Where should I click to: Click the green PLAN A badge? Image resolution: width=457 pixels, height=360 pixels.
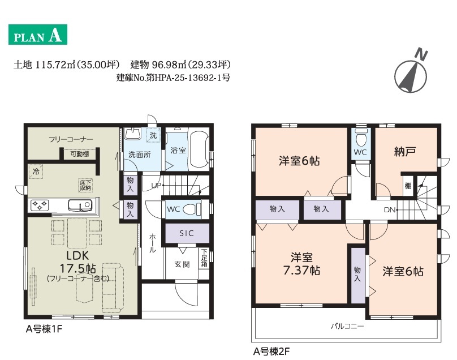tap(38, 35)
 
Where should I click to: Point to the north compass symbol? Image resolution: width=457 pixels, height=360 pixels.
tap(411, 74)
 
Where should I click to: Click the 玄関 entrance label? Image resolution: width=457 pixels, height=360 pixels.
tap(182, 264)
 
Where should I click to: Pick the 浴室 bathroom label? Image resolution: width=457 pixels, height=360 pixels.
tap(178, 150)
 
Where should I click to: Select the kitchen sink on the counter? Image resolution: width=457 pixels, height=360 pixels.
tap(80, 205)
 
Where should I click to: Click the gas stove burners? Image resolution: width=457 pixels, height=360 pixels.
tap(40, 205)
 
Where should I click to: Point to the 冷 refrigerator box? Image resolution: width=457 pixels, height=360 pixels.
tap(36, 172)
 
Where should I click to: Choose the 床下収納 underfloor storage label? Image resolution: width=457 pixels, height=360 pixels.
tap(85, 185)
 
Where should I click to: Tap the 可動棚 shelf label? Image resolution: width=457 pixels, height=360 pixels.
tap(80, 154)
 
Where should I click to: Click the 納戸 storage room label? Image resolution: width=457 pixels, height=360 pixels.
tap(405, 151)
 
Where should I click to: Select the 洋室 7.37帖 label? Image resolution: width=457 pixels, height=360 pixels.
tap(301, 264)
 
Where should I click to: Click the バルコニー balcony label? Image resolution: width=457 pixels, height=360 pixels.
tap(347, 326)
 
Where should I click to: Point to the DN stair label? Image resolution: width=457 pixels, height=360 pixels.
tap(390, 210)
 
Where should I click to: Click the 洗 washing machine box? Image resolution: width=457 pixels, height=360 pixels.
tap(153, 135)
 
